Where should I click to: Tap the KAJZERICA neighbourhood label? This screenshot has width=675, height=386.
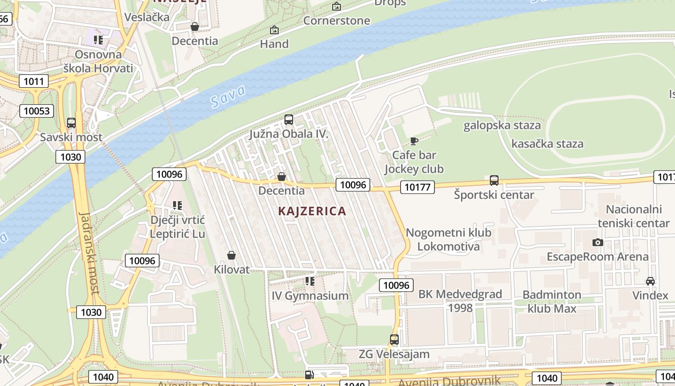click(x=312, y=211)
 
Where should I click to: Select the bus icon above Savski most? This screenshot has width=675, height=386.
click(x=71, y=123)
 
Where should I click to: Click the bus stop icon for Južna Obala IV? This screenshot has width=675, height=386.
click(x=289, y=120)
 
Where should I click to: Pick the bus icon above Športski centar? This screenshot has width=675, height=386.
click(x=494, y=180)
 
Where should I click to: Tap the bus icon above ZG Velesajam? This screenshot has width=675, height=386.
click(x=394, y=340)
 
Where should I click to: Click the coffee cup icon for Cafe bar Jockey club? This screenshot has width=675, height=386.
click(x=414, y=141)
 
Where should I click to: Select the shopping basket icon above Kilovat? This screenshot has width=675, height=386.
click(x=231, y=255)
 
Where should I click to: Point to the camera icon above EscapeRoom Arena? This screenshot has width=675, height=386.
click(x=598, y=242)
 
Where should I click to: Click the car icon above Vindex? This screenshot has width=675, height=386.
click(x=650, y=281)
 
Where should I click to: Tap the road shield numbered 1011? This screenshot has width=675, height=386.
click(x=34, y=81)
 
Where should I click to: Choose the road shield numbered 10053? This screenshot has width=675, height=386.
click(x=37, y=111)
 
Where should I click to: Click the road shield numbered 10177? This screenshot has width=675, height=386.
click(x=418, y=187)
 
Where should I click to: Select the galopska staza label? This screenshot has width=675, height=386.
click(x=502, y=125)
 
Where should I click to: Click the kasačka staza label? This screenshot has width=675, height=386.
click(x=547, y=143)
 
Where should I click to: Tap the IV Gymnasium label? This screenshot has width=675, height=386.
click(x=310, y=296)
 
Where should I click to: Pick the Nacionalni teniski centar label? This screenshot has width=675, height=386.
click(x=634, y=216)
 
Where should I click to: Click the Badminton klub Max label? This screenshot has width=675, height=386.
click(x=552, y=301)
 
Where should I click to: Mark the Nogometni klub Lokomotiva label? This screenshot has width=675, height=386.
click(x=448, y=239)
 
